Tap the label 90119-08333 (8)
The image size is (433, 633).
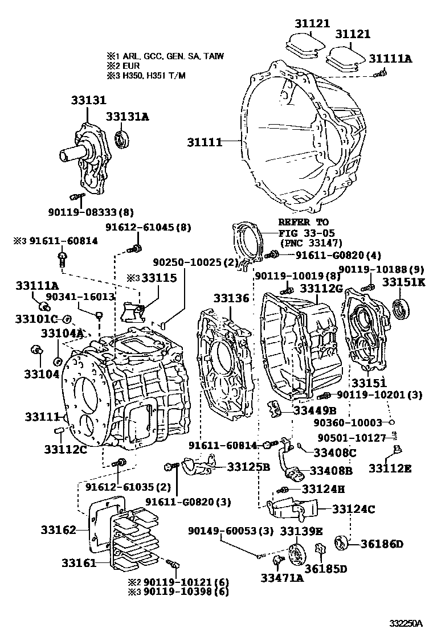pyautogui.click(x=91, y=212)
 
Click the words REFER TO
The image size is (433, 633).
pyautogui.click(x=304, y=222)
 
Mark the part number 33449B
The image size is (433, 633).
pyautogui.click(x=315, y=410)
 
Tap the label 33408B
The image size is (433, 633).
pyautogui.click(x=331, y=470)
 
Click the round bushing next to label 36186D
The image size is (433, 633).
pyautogui.click(x=342, y=543)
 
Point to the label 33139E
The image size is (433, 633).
pyautogui.click(x=301, y=532)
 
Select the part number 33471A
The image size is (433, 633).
pyautogui.click(x=282, y=578)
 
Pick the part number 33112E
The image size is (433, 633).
pyautogui.click(x=390, y=468)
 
